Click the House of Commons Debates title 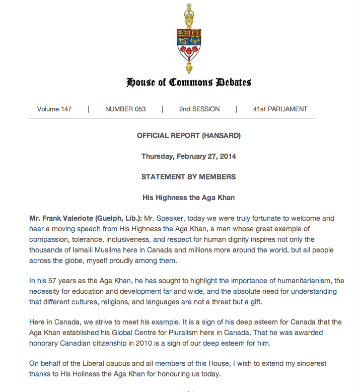pyautogui.click(x=189, y=82)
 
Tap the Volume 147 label pyautogui.click(x=54, y=109)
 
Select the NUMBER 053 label pyautogui.click(x=125, y=109)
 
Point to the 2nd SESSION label pyautogui.click(x=199, y=109)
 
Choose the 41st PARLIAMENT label pyautogui.click(x=280, y=109)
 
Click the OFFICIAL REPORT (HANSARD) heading pyautogui.click(x=189, y=136)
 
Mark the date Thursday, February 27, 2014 pyautogui.click(x=189, y=156)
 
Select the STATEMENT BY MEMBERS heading pyautogui.click(x=189, y=177)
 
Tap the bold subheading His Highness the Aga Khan pyautogui.click(x=189, y=198)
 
